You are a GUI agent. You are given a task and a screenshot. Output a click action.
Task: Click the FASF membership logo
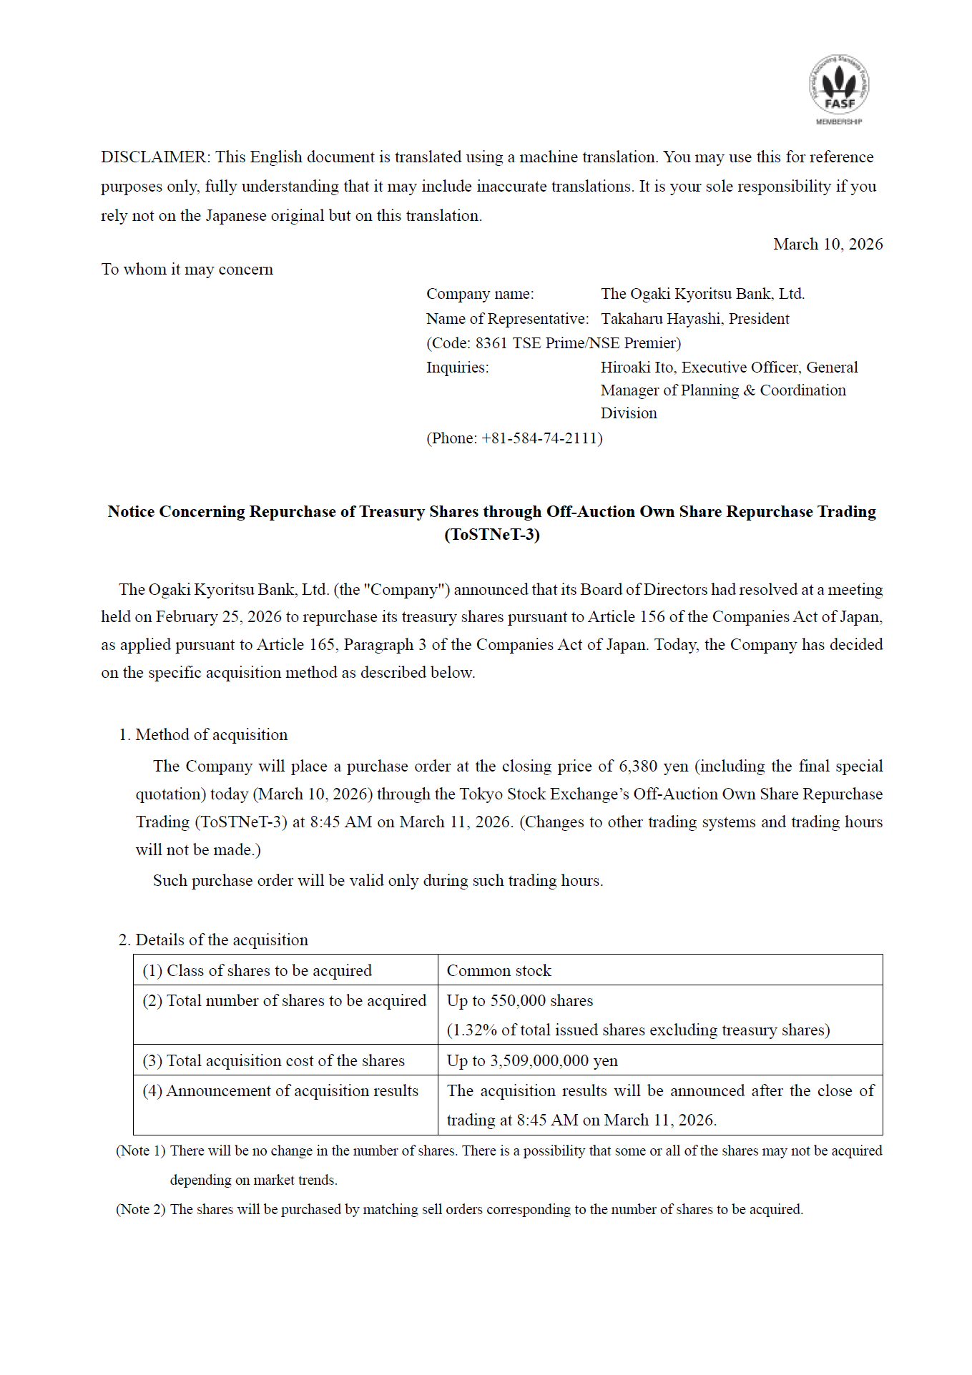coord(839,89)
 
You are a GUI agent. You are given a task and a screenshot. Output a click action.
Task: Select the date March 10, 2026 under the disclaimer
coord(828,245)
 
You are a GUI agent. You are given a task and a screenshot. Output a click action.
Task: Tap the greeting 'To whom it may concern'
coord(187,270)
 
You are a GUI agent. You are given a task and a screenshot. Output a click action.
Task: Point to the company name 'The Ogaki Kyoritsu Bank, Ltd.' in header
coord(702,294)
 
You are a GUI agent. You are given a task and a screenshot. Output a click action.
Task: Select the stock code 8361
coord(491,343)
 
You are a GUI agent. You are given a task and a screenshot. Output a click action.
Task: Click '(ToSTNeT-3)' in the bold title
coord(492,535)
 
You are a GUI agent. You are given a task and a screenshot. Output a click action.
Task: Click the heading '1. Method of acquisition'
coord(203,735)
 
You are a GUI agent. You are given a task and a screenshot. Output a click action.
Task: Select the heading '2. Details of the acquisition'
coord(213,940)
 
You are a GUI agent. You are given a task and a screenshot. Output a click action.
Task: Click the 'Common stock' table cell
coord(499,971)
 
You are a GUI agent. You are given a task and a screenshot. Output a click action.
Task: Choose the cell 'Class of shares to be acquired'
coord(269,971)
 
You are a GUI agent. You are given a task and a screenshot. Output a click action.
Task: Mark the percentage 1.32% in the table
coord(474,1030)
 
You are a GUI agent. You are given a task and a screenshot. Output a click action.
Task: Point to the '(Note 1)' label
coord(141,1151)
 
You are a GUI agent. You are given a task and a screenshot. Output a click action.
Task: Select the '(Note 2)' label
coord(141,1210)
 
